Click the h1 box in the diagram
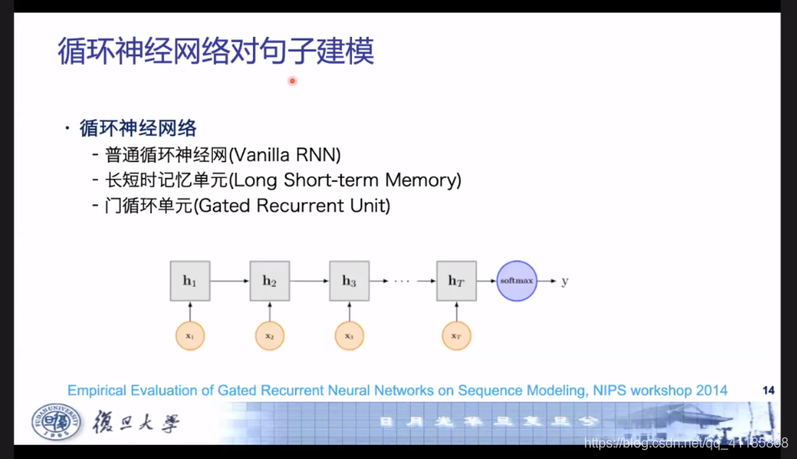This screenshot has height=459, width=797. tap(189, 281)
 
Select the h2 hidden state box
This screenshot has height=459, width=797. tap(269, 281)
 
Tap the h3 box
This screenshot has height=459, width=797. tap(349, 281)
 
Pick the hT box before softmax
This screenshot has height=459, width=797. tap(456, 281)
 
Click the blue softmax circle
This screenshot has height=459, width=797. tap(516, 281)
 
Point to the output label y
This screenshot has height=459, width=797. tap(565, 281)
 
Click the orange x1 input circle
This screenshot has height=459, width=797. tap(189, 336)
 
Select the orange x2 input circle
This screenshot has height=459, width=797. tap(269, 336)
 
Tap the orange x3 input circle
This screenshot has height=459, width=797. tap(349, 336)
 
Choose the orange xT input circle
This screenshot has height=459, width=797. tap(456, 336)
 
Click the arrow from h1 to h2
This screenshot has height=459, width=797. tap(230, 281)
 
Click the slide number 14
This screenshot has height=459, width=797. tap(769, 390)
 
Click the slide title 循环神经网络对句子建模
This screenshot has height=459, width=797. tap(215, 51)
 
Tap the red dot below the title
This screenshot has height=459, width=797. tap(292, 81)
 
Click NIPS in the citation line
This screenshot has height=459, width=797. tap(593, 390)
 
